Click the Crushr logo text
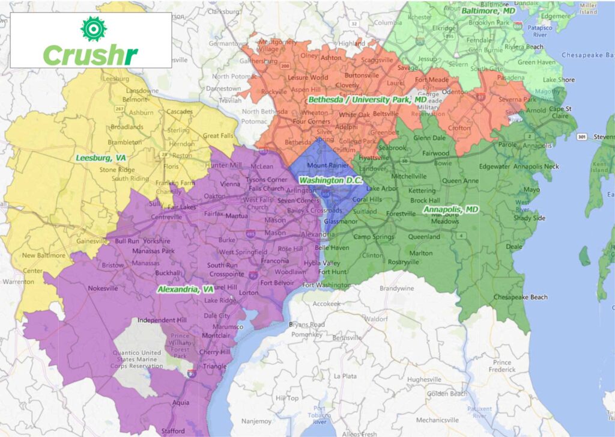point(91,55)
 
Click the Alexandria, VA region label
point(186,289)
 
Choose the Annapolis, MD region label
point(450,209)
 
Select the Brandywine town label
point(393,289)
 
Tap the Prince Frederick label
point(501,366)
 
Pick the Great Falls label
point(219,136)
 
